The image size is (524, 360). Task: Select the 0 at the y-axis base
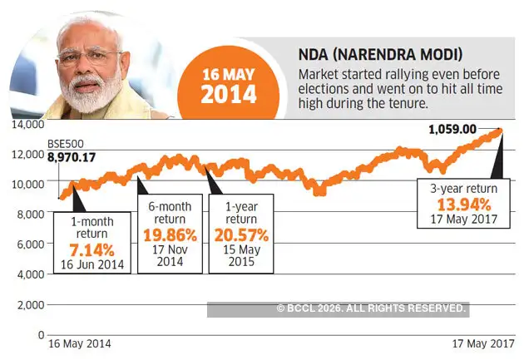[x=39, y=334]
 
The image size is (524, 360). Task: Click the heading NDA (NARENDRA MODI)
[x=357, y=56]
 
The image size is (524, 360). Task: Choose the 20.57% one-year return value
[x=241, y=234]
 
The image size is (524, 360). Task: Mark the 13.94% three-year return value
[x=457, y=205]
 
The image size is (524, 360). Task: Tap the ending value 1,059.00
[x=452, y=129]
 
